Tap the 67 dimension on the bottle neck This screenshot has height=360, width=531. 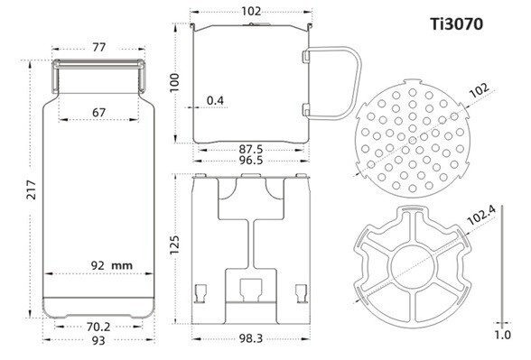point(98,111)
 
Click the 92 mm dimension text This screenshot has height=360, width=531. point(110,265)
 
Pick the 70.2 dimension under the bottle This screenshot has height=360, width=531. point(98,328)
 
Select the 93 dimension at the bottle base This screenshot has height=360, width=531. point(98,341)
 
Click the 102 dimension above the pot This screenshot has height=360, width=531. point(252,12)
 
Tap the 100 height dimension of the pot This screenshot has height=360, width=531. point(177,82)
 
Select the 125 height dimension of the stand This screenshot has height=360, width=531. point(177,245)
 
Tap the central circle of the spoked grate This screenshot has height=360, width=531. point(414,268)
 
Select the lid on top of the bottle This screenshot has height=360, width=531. point(98,68)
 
